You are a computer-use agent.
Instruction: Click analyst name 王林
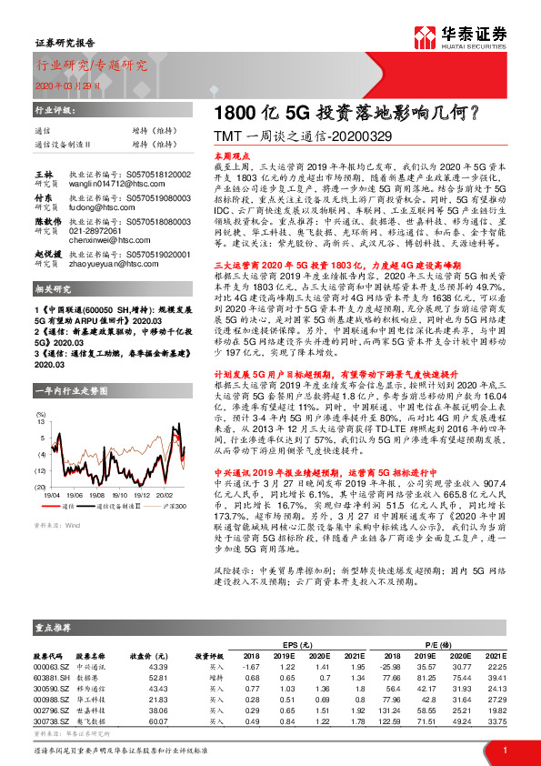tap(44, 173)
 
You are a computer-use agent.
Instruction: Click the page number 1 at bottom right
tap(503, 749)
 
